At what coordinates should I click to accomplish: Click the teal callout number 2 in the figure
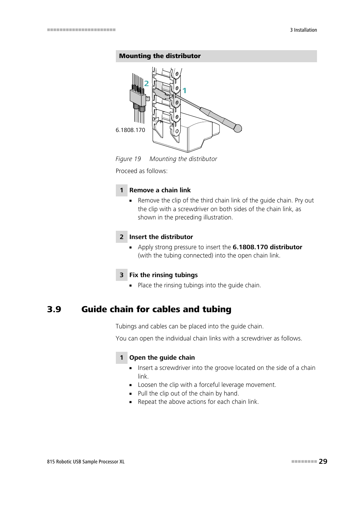coord(146,84)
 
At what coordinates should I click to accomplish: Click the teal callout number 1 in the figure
coord(185,90)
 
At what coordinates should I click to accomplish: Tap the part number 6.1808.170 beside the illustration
coord(130,130)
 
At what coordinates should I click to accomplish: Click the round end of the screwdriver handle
coord(238,129)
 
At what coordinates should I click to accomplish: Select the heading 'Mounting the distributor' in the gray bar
coord(160,56)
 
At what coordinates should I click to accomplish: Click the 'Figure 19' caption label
coord(128,159)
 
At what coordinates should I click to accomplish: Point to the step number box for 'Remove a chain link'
coord(122,190)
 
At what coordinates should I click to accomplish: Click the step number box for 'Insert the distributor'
coord(122,237)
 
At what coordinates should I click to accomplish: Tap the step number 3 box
coord(122,275)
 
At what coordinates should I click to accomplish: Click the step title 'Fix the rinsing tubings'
coord(163,275)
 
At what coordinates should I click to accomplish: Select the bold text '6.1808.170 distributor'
coord(267,247)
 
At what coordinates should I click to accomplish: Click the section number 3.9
coord(54,310)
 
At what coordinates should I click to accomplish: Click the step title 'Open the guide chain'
coord(162,358)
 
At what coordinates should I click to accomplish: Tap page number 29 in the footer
coord(323,461)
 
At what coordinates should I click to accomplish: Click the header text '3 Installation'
coord(303,30)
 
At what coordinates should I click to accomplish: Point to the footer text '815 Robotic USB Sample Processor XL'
coord(86,462)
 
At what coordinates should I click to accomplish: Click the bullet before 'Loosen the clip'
coord(131,385)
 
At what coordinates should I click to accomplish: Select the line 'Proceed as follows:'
coord(142,171)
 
